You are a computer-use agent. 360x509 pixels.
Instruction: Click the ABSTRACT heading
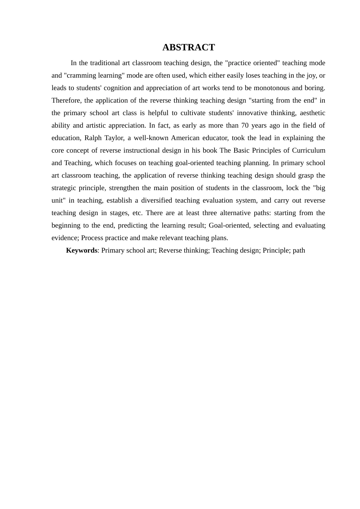coord(188,47)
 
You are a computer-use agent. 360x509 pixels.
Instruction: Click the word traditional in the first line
coord(105,63)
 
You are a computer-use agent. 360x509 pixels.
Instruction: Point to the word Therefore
coord(66,100)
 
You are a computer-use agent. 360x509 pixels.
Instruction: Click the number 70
coord(245,125)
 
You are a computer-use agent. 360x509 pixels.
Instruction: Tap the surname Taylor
coord(114,138)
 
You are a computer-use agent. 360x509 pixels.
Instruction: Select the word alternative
coord(235,213)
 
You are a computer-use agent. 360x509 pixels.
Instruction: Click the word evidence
coord(64,238)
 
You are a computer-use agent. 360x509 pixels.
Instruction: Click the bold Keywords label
coord(81,250)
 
